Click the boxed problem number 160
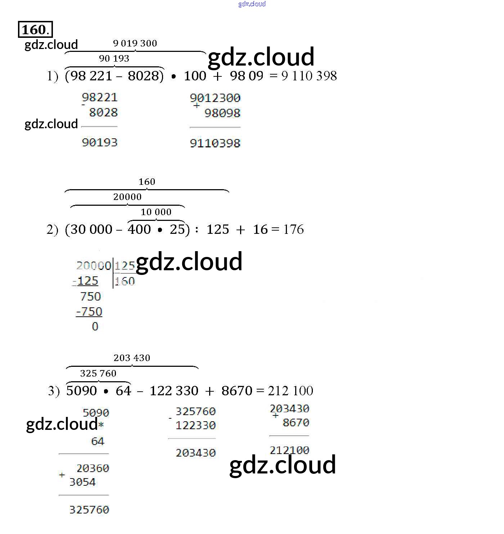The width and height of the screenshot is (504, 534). (35, 30)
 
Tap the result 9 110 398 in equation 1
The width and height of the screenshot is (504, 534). (309, 76)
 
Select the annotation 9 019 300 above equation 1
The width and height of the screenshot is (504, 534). (135, 43)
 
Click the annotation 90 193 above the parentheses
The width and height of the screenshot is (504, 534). (114, 58)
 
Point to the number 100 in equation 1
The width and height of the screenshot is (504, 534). (195, 76)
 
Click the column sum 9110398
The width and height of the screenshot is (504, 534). (215, 143)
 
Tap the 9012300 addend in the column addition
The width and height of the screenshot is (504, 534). (215, 98)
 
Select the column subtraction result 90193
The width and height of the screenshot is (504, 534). (100, 142)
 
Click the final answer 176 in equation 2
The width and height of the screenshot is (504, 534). (293, 229)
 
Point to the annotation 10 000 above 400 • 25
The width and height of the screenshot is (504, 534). (156, 212)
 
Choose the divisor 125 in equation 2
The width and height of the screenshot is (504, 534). (217, 229)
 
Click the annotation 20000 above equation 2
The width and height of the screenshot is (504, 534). (127, 197)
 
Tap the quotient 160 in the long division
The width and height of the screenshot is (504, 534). (125, 281)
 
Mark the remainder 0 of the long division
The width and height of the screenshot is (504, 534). (95, 326)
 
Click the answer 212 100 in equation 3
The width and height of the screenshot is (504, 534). (291, 391)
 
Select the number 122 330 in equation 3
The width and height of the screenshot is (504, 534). (174, 391)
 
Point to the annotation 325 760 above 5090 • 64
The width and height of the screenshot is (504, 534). (98, 373)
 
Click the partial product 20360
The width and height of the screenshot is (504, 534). (93, 468)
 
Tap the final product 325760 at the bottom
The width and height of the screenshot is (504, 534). (89, 510)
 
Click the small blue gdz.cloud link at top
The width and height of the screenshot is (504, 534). (252, 4)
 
